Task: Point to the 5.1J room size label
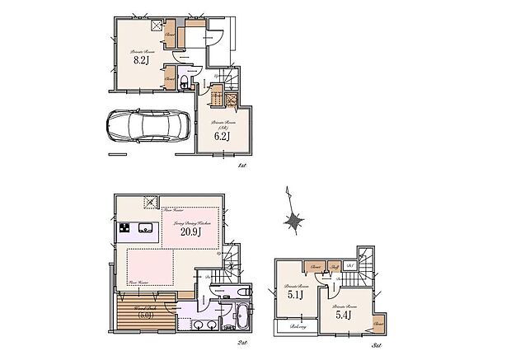point(295,294)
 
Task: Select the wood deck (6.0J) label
point(136,314)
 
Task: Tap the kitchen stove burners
point(124,228)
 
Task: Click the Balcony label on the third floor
point(289,327)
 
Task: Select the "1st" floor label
point(241,166)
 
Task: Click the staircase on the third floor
point(361,266)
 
